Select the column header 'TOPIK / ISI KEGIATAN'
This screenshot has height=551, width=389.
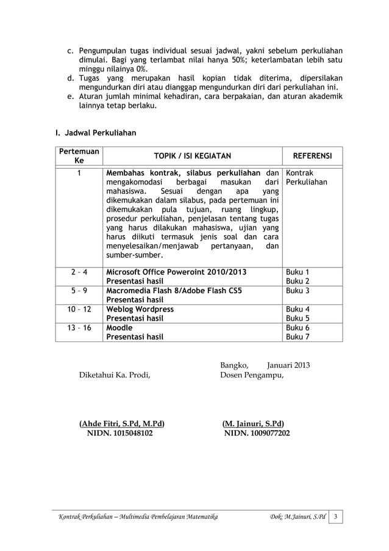pyautogui.click(x=192, y=156)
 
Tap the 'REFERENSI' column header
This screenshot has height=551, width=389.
pyautogui.click(x=312, y=156)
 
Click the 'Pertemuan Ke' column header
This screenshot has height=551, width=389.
pyautogui.click(x=79, y=156)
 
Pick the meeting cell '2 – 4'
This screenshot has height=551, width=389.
pyautogui.click(x=79, y=272)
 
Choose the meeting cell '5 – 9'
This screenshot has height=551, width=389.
pyautogui.click(x=79, y=291)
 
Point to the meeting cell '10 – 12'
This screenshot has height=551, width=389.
pyautogui.click(x=79, y=309)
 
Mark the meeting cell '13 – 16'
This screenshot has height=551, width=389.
pyautogui.click(x=79, y=328)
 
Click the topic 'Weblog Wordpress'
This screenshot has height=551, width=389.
pyautogui.click(x=140, y=309)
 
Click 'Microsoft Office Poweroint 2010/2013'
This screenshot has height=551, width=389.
pyautogui.click(x=177, y=272)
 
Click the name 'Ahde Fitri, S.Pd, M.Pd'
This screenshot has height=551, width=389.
pyautogui.click(x=122, y=424)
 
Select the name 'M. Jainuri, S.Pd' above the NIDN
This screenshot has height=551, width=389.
pyautogui.click(x=253, y=424)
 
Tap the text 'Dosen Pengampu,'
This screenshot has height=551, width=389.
pyautogui.click(x=252, y=375)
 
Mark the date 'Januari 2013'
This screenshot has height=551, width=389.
pyautogui.click(x=288, y=365)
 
